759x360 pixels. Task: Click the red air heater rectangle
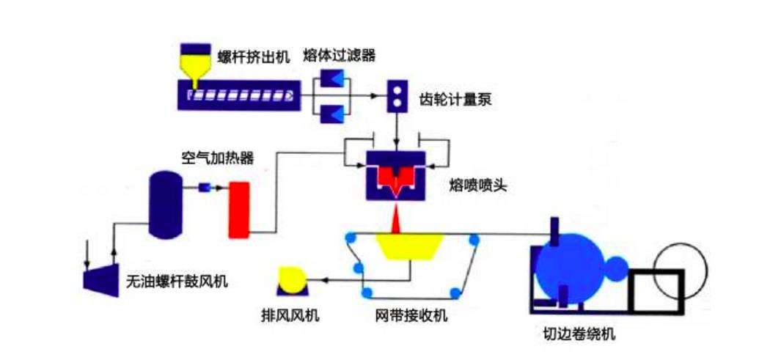coord(239,208)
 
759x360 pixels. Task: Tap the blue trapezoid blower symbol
coord(101,279)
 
